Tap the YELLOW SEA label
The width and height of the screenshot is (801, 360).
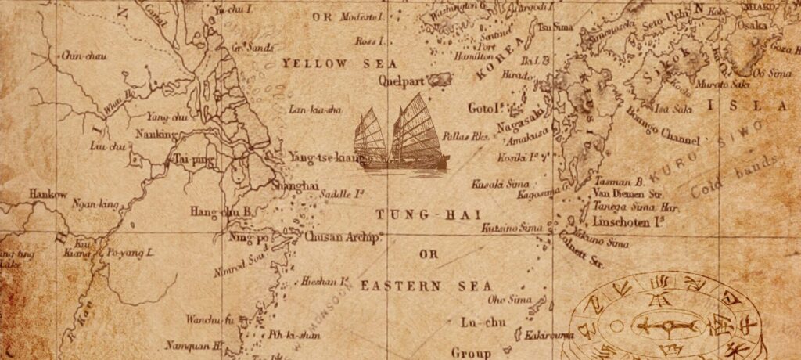pyautogui.click(x=339, y=63)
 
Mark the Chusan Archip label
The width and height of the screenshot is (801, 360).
pyautogui.click(x=342, y=236)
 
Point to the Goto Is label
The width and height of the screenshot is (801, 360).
pyautogui.click(x=484, y=107)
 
